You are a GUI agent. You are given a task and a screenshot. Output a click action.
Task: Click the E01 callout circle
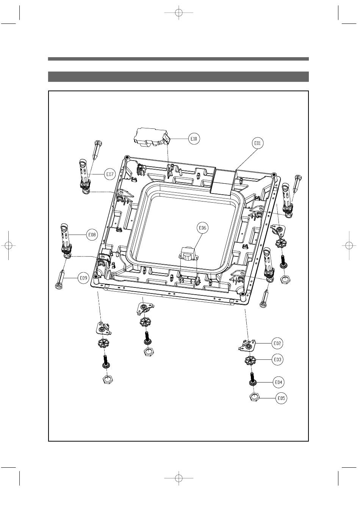pyautogui.click(x=257, y=143)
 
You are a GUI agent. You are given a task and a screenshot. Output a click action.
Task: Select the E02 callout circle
pyautogui.click(x=277, y=343)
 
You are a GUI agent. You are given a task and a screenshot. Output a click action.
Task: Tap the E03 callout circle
pyautogui.click(x=277, y=359)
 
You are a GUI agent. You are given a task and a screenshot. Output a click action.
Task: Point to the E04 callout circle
pyautogui.click(x=279, y=382)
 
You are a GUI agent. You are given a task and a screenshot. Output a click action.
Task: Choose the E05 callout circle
pyautogui.click(x=281, y=398)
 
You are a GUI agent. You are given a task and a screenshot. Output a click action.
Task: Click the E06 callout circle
pyautogui.click(x=202, y=228)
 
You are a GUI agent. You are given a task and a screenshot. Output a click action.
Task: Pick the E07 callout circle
pyautogui.click(x=110, y=174)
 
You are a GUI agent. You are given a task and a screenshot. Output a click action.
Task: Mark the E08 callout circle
pyautogui.click(x=92, y=234)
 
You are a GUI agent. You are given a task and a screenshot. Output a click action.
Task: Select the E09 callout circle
pyautogui.click(x=83, y=278)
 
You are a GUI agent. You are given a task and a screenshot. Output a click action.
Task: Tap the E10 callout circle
pyautogui.click(x=194, y=139)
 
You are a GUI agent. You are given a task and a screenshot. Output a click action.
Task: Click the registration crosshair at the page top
pyautogui.click(x=179, y=13)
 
